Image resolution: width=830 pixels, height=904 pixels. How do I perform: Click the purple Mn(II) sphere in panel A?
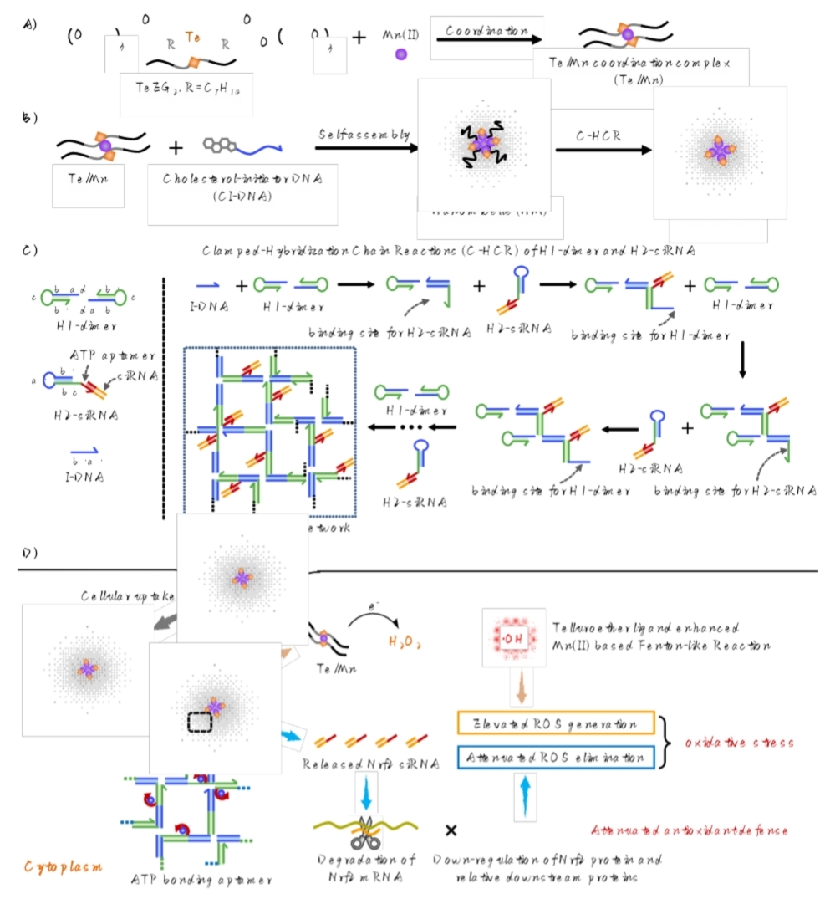[x=400, y=54]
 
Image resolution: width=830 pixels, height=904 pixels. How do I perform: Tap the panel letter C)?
[x=30, y=248]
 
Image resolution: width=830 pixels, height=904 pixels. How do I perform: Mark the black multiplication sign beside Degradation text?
[x=451, y=830]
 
